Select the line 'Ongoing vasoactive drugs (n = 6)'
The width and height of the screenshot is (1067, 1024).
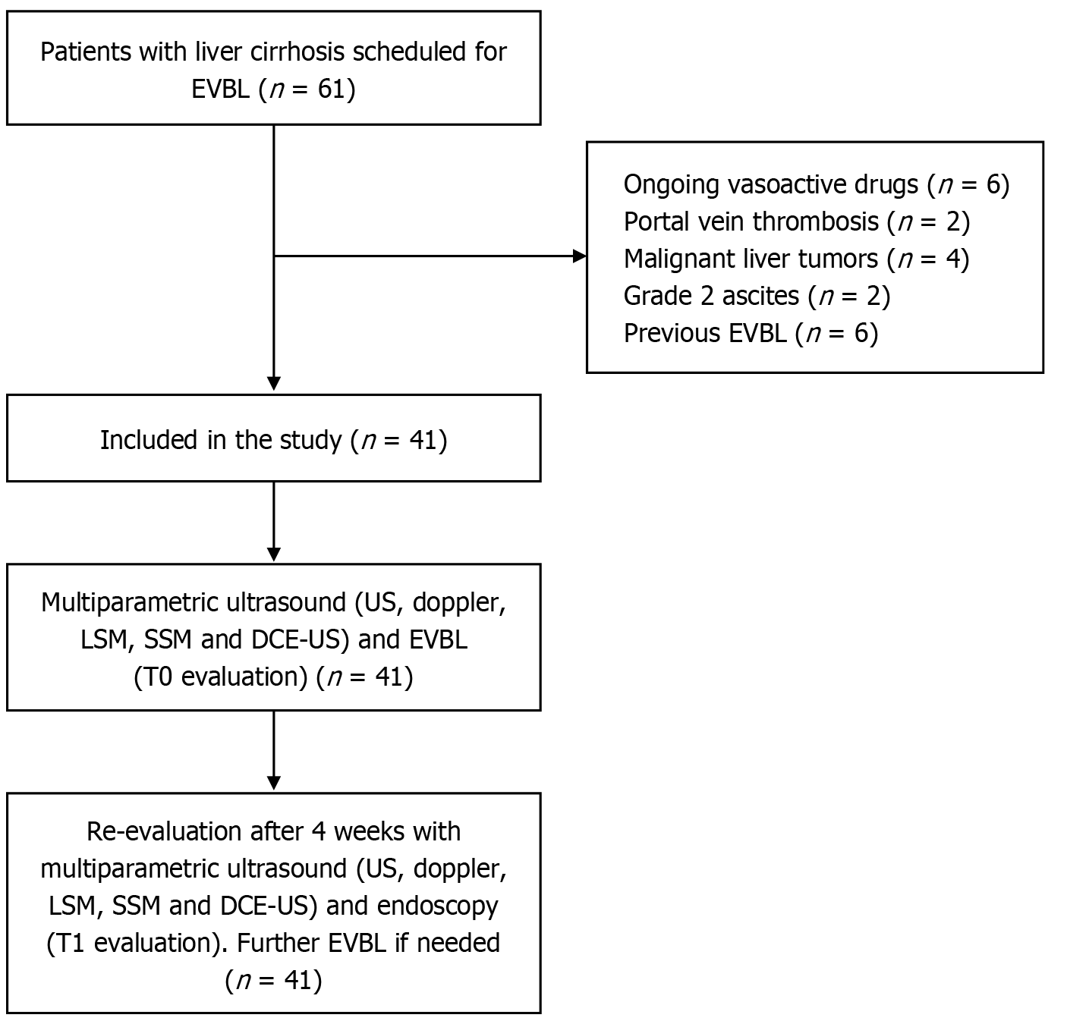click(x=816, y=184)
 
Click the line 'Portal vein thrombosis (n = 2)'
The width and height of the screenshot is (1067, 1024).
click(x=796, y=221)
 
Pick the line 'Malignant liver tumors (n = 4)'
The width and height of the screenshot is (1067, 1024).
click(x=796, y=259)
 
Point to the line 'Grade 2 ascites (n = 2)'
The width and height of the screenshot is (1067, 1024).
click(x=757, y=295)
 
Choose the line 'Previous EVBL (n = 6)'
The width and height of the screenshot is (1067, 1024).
click(x=751, y=333)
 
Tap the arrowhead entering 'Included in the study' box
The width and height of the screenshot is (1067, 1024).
click(x=274, y=384)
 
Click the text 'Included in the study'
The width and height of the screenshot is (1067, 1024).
click(x=220, y=440)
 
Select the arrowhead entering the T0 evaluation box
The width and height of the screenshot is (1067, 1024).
click(x=274, y=554)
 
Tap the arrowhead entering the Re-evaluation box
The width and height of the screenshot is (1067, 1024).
click(x=274, y=783)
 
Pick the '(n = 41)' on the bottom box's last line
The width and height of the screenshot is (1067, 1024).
click(x=274, y=980)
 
